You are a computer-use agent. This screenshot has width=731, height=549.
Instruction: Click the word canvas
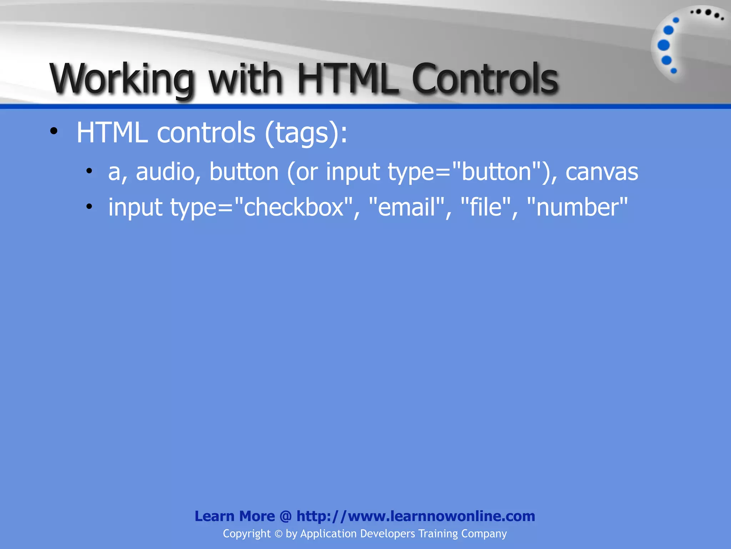coord(602,172)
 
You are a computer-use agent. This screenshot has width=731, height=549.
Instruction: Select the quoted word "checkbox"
coord(293,207)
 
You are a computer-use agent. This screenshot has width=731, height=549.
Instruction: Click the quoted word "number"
coord(577,207)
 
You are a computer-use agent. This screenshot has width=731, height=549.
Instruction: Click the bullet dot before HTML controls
coord(54,131)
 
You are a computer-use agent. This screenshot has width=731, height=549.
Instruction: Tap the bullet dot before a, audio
coord(89,171)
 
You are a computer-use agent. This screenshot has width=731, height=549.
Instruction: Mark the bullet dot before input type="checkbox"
coord(89,206)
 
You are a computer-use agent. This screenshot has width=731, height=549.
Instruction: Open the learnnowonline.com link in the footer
coord(415,516)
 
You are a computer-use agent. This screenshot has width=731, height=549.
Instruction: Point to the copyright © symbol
coord(278,534)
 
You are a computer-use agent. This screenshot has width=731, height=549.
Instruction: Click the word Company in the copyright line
coord(484,534)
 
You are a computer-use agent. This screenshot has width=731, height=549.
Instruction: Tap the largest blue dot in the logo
coord(664,45)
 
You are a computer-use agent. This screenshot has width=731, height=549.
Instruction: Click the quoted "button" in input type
coord(497,172)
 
